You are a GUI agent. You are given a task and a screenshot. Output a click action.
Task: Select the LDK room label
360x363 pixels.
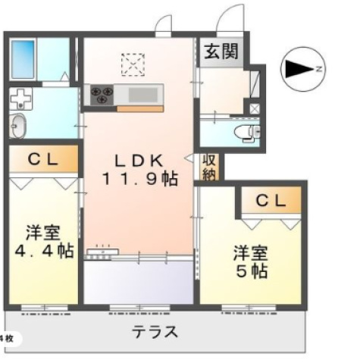pyautogui.click(x=139, y=161)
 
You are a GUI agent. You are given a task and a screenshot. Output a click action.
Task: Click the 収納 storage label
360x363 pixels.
pyautogui.click(x=209, y=167)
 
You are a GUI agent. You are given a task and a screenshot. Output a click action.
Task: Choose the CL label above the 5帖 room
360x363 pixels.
pyautogui.click(x=271, y=200)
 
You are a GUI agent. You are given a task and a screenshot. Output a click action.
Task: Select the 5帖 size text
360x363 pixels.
pyautogui.click(x=250, y=271)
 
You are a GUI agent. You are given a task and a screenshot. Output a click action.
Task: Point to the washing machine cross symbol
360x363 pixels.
pyautogui.click(x=20, y=100)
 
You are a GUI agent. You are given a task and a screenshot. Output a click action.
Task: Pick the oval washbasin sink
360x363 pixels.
pyautogui.click(x=18, y=126)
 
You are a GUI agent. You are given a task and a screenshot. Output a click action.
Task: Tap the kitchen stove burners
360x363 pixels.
pyautogui.click(x=102, y=95)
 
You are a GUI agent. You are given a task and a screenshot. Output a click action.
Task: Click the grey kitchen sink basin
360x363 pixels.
pyautogui.click(x=142, y=95)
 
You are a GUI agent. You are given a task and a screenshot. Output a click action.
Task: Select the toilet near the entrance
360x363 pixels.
pyautogui.click(x=246, y=132)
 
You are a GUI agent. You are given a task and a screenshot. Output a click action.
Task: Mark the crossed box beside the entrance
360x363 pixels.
pyautogui.click(x=254, y=108)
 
